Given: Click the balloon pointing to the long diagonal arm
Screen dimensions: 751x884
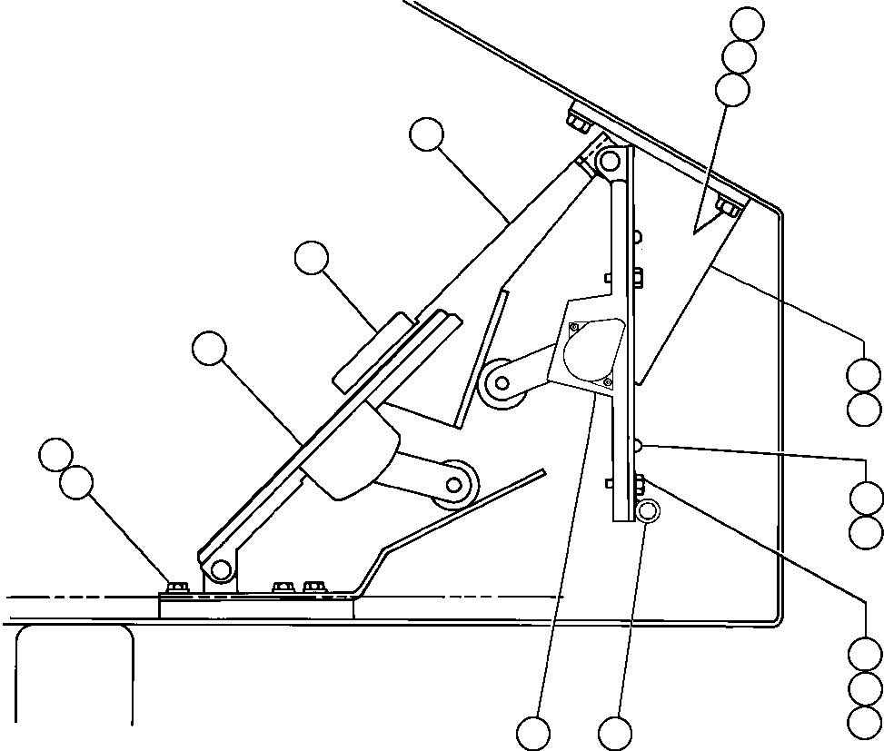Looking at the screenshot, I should [x=426, y=135].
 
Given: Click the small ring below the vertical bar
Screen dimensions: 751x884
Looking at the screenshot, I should [x=648, y=510].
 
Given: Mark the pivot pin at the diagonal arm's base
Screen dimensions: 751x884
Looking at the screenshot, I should [x=219, y=569].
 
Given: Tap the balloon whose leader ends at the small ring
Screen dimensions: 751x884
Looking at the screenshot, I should [x=615, y=732].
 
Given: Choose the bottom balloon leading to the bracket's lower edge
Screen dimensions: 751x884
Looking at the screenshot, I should [x=533, y=732].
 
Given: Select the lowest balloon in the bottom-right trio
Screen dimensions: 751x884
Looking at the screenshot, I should [x=864, y=721].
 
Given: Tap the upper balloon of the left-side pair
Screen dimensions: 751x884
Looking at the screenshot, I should [x=57, y=455].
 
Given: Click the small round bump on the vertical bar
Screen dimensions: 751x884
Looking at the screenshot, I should [x=638, y=444].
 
